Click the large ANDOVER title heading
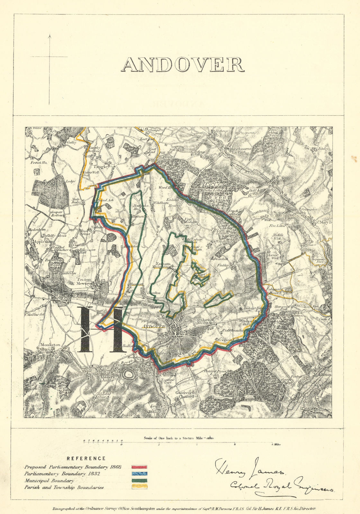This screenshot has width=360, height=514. click(183, 65)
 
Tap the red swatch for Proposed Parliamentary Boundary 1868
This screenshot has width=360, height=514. click(139, 467)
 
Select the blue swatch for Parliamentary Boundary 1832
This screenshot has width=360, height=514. click(139, 474)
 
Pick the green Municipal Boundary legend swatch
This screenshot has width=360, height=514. click(139, 481)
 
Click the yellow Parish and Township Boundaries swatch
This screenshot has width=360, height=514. click(139, 487)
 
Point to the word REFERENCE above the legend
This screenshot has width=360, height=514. click(86, 458)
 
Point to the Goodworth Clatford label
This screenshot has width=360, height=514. click(184, 394)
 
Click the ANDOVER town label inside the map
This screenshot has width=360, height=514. click(154, 326)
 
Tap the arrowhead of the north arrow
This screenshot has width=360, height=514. click(50, 36)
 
